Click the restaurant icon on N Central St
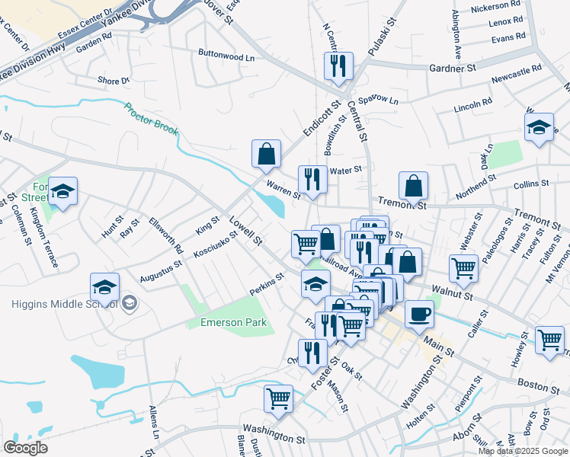click(337, 66)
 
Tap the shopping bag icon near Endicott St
click(267, 153)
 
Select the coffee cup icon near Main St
click(418, 313)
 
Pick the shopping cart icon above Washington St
click(278, 398)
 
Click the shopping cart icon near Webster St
click(463, 267)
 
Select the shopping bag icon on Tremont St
click(413, 185)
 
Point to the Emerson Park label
click(233, 322)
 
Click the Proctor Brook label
click(152, 120)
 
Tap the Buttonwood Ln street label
click(226, 57)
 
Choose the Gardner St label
click(452, 69)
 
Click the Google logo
click(26, 448)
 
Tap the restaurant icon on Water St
click(312, 179)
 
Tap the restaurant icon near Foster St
click(312, 352)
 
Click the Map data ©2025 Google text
click(522, 451)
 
